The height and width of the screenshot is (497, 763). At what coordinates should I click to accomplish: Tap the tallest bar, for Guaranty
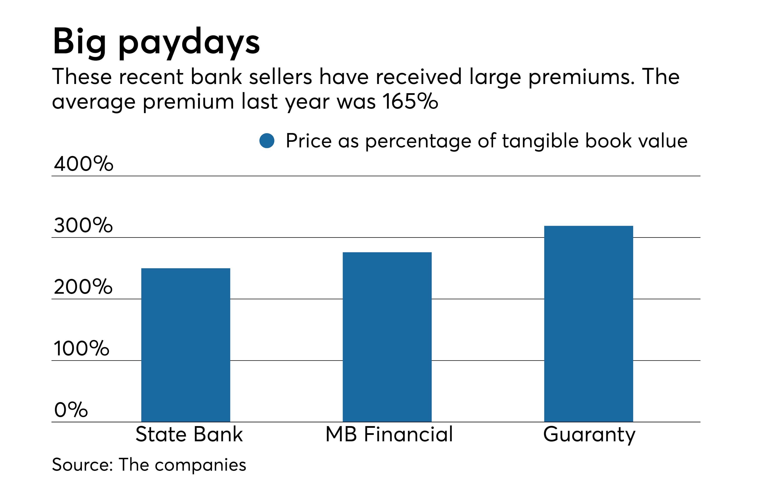coord(588,324)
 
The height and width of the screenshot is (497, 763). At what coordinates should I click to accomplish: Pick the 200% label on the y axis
coord(83,287)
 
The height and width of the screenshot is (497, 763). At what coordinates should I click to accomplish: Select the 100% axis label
coord(81,348)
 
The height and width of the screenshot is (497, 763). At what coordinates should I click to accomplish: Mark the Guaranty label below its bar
coord(589,435)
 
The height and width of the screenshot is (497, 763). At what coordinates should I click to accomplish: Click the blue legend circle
coord(267,141)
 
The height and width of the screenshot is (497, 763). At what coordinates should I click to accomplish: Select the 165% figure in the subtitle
coord(410,102)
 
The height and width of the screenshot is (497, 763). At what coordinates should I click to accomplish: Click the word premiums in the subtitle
coord(581,77)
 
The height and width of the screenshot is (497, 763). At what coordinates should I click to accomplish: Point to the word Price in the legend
coord(308,141)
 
